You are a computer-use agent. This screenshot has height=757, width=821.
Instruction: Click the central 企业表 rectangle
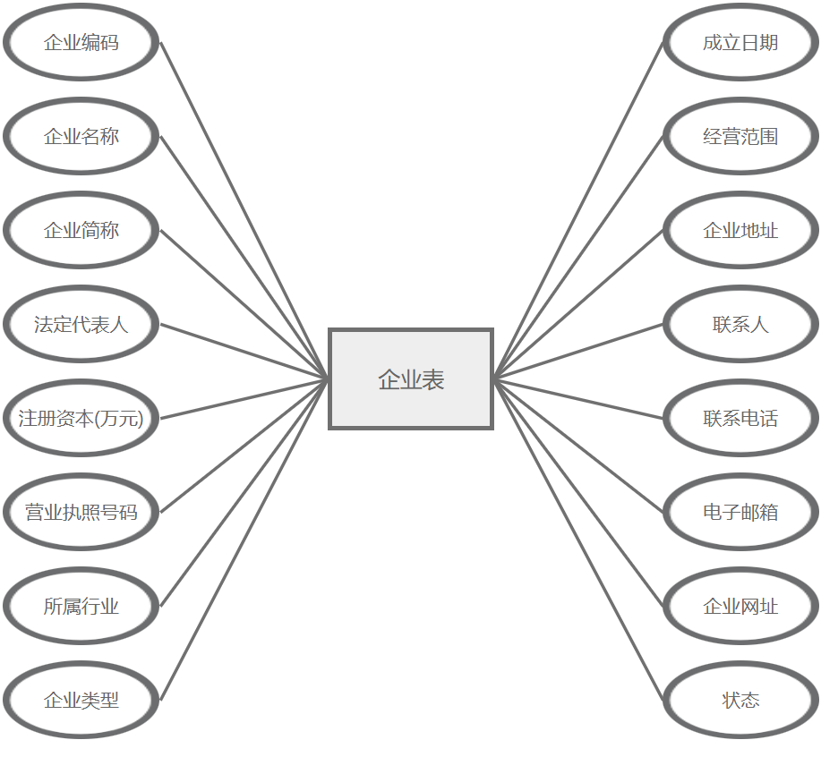411,379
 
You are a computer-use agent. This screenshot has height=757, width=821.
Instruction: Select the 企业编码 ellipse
81,43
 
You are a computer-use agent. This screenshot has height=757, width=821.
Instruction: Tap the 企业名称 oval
81,137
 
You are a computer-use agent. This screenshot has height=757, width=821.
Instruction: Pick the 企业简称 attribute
81,231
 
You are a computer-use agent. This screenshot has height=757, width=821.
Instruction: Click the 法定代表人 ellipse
81,325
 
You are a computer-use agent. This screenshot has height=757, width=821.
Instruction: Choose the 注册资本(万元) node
81,418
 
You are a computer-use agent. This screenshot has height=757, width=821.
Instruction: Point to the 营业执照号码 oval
81,513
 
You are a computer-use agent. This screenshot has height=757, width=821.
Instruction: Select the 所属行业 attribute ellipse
81,607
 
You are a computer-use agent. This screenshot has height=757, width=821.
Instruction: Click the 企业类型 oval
81,701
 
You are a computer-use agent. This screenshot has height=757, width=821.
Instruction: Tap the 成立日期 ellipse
740,43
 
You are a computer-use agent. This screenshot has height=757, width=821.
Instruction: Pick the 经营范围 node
740,137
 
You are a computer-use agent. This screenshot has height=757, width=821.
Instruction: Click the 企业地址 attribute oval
740,231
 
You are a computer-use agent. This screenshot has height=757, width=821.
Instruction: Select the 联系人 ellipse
740,325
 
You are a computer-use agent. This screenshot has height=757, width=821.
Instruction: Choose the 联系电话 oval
740,418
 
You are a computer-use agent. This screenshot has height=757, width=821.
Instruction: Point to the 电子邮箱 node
740,513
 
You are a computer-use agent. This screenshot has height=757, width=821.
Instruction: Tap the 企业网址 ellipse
740,607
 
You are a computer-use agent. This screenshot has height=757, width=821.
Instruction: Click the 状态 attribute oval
740,701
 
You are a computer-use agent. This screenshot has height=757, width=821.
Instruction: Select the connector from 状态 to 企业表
578,540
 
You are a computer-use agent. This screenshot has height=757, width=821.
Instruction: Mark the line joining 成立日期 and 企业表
578,210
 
